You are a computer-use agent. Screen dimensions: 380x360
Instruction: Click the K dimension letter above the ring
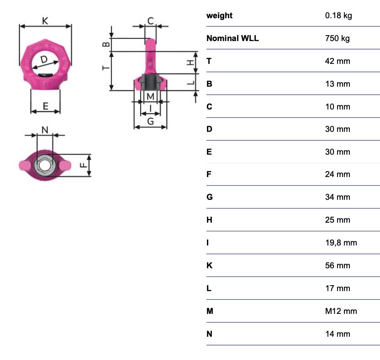[45, 21]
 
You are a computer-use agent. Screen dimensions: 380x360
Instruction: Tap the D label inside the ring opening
[44, 59]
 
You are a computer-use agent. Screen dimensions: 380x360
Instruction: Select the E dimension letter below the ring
[46, 106]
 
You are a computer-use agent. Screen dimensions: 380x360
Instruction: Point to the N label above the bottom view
[45, 130]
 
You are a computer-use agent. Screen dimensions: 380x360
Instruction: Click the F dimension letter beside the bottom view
[84, 165]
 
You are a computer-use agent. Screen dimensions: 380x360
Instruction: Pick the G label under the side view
[151, 121]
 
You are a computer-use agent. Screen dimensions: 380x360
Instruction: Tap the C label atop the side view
[151, 21]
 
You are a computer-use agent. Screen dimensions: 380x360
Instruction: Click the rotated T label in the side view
[106, 68]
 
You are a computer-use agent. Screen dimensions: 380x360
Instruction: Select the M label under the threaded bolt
[151, 96]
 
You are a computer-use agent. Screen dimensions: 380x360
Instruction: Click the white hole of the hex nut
[44, 166]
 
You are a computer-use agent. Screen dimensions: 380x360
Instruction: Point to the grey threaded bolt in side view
[150, 82]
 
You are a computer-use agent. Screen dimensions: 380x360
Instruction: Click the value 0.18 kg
[338, 16]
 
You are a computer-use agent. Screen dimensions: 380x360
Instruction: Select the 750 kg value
[338, 38]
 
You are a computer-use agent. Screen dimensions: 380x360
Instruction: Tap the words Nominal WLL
[232, 38]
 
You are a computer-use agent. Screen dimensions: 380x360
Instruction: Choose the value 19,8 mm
[341, 243]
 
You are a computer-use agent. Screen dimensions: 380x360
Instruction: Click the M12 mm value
[341, 311]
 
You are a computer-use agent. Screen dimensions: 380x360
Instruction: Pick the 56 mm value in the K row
[338, 266]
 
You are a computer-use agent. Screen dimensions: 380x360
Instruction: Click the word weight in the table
[219, 16]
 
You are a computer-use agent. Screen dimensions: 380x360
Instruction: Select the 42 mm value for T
[338, 61]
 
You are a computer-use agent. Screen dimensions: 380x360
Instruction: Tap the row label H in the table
[209, 220]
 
